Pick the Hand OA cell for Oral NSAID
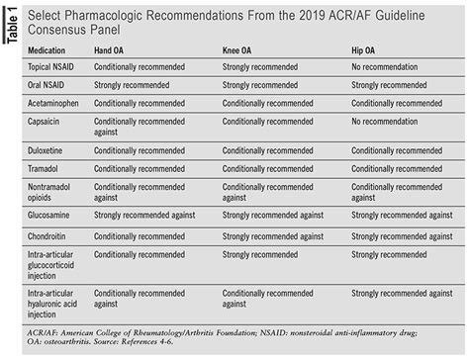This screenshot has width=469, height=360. click(141, 84)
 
